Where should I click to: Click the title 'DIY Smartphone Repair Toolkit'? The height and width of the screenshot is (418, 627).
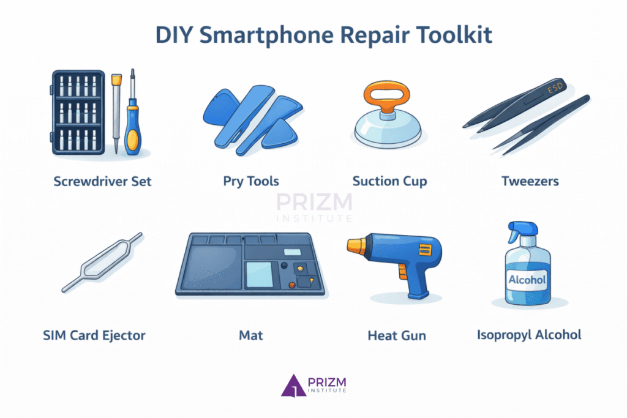(x=313, y=35)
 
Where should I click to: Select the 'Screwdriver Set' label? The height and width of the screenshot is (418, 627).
(x=102, y=181)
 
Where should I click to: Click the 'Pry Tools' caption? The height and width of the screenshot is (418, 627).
(x=251, y=181)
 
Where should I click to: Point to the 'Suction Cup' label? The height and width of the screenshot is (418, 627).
(x=389, y=181)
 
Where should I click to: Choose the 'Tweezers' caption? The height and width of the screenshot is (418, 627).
(x=530, y=181)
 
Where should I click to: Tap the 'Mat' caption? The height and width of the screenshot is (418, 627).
(x=251, y=335)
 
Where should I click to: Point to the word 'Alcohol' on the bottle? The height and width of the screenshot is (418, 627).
(x=527, y=280)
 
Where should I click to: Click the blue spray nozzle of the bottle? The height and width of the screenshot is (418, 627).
(x=518, y=231)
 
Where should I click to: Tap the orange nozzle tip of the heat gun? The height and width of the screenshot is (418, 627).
(x=353, y=246)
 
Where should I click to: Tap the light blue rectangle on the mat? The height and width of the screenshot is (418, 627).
(x=259, y=273)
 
